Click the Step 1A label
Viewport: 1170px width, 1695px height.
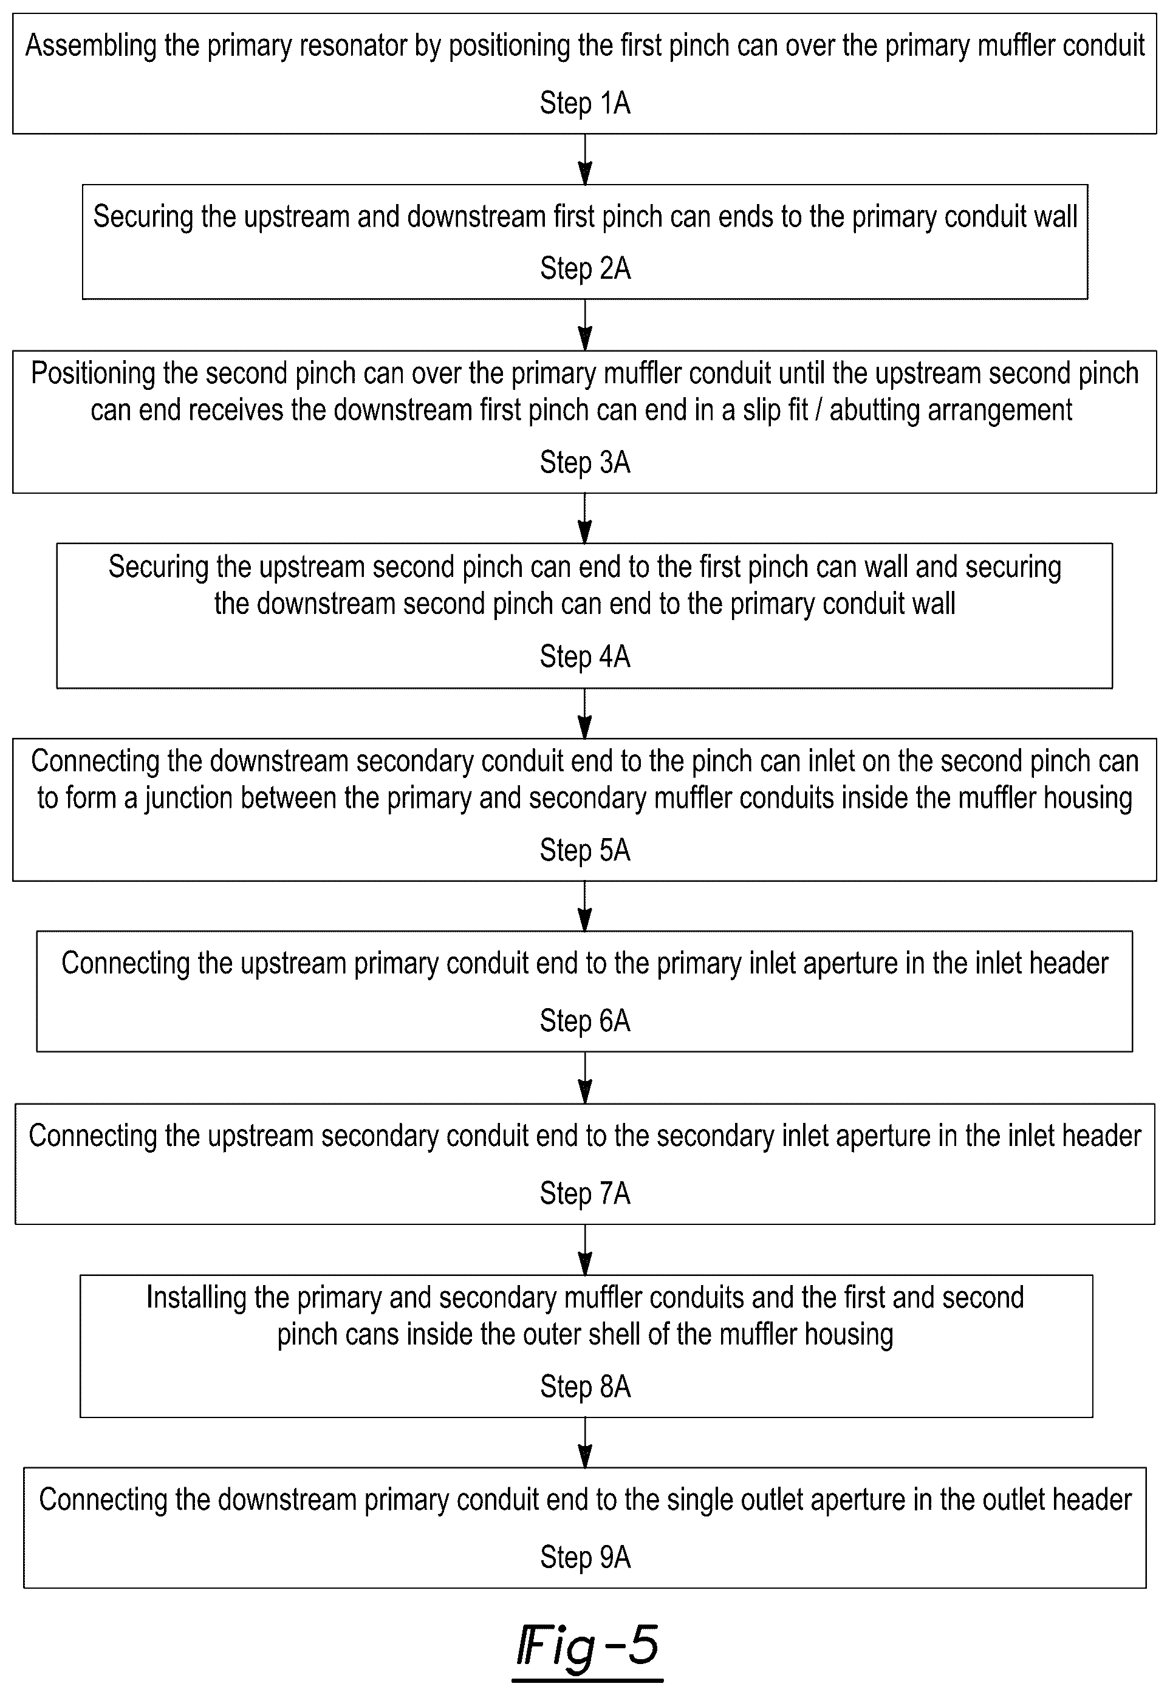tap(585, 103)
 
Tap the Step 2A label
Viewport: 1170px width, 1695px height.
tap(585, 269)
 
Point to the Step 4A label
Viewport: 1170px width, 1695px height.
tap(585, 657)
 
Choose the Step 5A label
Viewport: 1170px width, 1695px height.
tap(585, 850)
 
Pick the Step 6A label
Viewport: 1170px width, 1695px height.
tap(585, 1021)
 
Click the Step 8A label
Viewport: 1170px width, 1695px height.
tap(585, 1387)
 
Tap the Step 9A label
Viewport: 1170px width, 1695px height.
tap(585, 1557)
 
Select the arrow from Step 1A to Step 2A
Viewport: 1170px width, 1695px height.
tap(585, 159)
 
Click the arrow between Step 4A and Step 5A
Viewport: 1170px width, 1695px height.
tap(585, 713)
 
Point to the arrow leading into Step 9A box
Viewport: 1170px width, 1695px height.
tap(585, 1442)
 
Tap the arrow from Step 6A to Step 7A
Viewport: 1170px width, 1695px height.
tap(585, 1078)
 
